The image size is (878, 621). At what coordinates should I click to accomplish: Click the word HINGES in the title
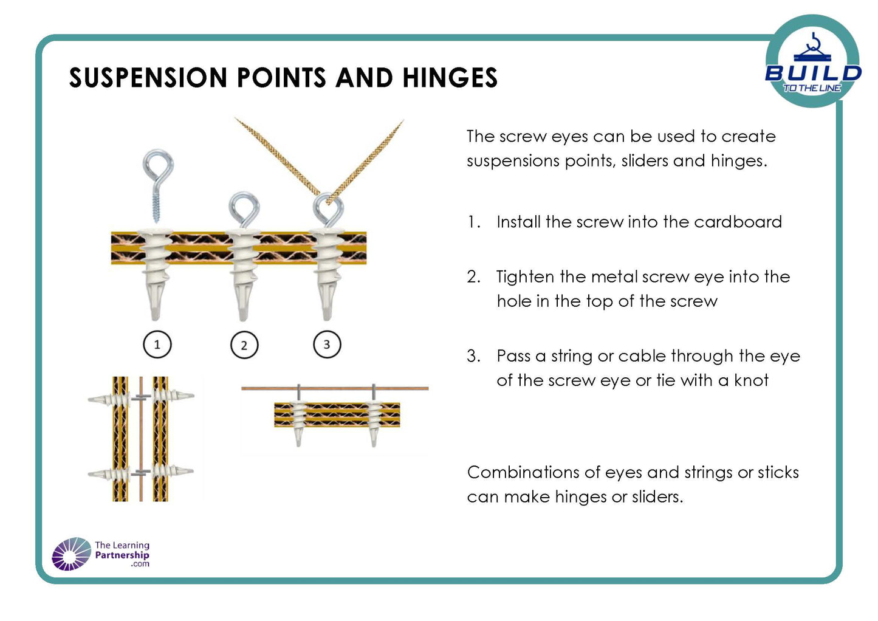point(450,78)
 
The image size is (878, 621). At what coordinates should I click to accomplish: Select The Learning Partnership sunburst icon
point(71,554)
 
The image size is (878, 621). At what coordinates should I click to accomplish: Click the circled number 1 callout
point(157,345)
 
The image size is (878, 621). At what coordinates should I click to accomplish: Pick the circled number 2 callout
point(244,345)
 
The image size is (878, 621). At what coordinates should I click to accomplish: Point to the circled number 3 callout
point(327,345)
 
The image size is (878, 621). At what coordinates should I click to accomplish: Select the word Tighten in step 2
point(525,277)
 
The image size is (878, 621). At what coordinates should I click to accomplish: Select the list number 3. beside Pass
point(473,356)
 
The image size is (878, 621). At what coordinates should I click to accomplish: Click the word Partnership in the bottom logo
point(122,555)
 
